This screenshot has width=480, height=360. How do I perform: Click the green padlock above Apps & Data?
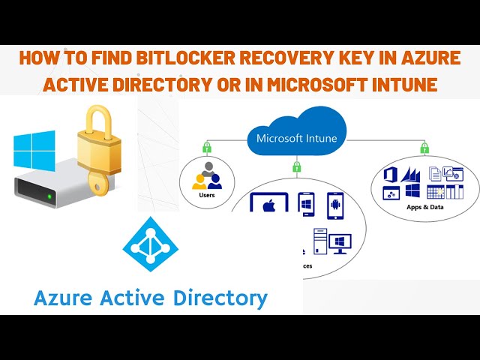click(424, 148)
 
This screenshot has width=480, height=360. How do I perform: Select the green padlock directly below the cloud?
click(297, 166)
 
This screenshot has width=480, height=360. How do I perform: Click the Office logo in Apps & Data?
click(389, 175)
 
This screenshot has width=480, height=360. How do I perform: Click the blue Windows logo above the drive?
click(34, 149)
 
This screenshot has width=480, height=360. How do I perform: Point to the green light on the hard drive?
click(49, 197)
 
